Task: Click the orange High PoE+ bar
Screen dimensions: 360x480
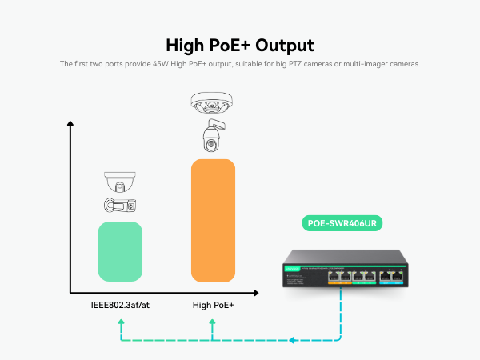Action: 213,220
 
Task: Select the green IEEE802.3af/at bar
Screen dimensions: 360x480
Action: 120,251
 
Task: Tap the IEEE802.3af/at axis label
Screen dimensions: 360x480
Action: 120,305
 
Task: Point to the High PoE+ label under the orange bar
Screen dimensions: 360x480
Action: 213,305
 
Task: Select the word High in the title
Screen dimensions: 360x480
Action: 183,45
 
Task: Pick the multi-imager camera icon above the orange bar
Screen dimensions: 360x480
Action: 213,103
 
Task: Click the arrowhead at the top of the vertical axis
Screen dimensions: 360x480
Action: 70,124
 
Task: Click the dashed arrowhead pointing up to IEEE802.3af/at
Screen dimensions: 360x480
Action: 120,323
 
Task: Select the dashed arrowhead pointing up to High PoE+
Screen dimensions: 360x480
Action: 213,323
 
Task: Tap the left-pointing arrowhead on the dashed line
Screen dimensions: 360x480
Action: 292,341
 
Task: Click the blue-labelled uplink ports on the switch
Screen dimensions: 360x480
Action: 391,277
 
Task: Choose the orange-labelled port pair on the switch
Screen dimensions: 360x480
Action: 340,277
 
